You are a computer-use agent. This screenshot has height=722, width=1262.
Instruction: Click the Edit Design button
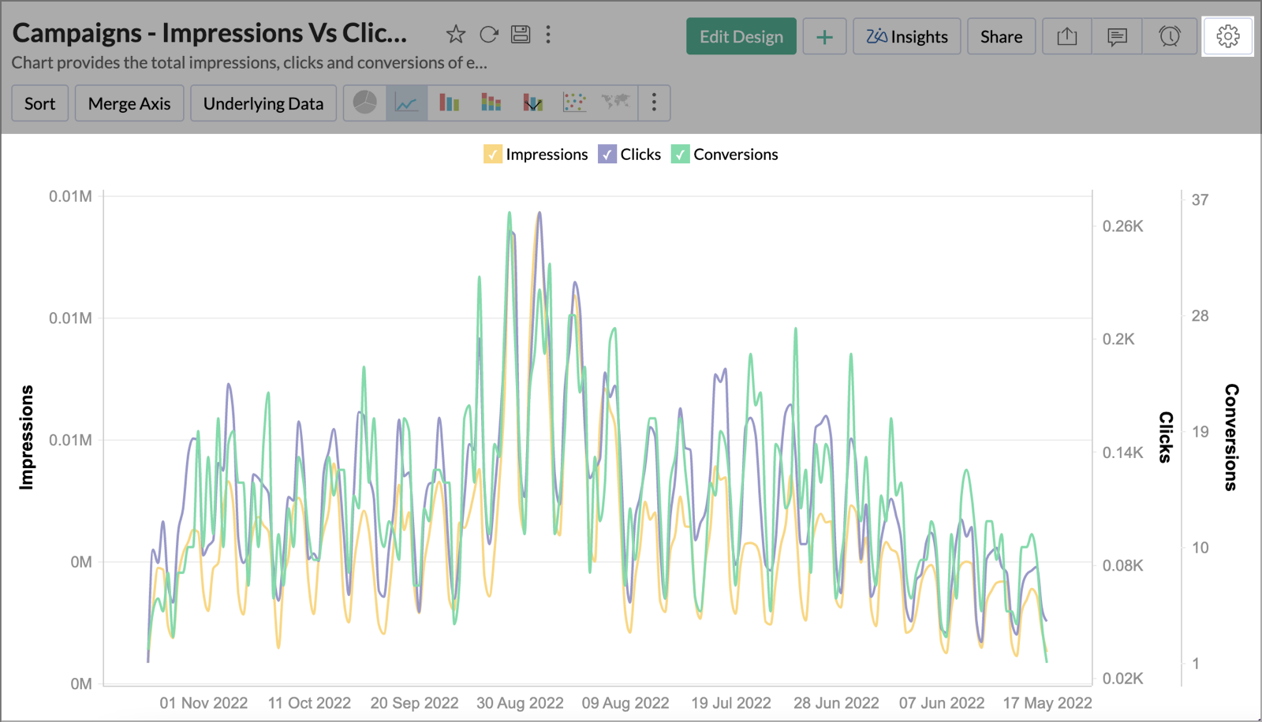pos(741,37)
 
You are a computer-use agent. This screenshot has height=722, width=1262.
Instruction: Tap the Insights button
pos(907,37)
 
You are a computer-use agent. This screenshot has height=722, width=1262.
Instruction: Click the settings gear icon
pos(1227,36)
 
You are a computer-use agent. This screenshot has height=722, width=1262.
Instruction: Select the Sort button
pos(39,104)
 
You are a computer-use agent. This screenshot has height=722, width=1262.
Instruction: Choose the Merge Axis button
pos(129,104)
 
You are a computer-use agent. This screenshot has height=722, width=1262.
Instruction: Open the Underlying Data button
pos(263,104)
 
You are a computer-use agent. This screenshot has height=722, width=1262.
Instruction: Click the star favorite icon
pos(456,35)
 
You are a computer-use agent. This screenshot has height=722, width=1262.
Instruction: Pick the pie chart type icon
pos(364,102)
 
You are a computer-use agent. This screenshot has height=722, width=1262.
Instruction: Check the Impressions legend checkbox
pos(492,154)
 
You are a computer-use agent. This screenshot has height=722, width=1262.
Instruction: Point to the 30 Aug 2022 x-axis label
pos(520,703)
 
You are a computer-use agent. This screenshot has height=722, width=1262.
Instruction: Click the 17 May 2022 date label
pos(1047,703)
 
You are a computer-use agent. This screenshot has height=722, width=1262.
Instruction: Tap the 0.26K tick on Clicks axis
pos(1122,227)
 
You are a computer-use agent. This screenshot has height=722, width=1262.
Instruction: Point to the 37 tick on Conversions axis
pos(1200,200)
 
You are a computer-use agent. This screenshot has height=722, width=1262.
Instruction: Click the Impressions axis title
pos(27,437)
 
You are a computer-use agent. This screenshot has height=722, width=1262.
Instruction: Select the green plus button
pos(824,37)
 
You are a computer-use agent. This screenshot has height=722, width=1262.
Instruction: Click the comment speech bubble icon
pos(1117,37)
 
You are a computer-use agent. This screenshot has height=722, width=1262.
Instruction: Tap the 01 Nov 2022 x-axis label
pos(203,703)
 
